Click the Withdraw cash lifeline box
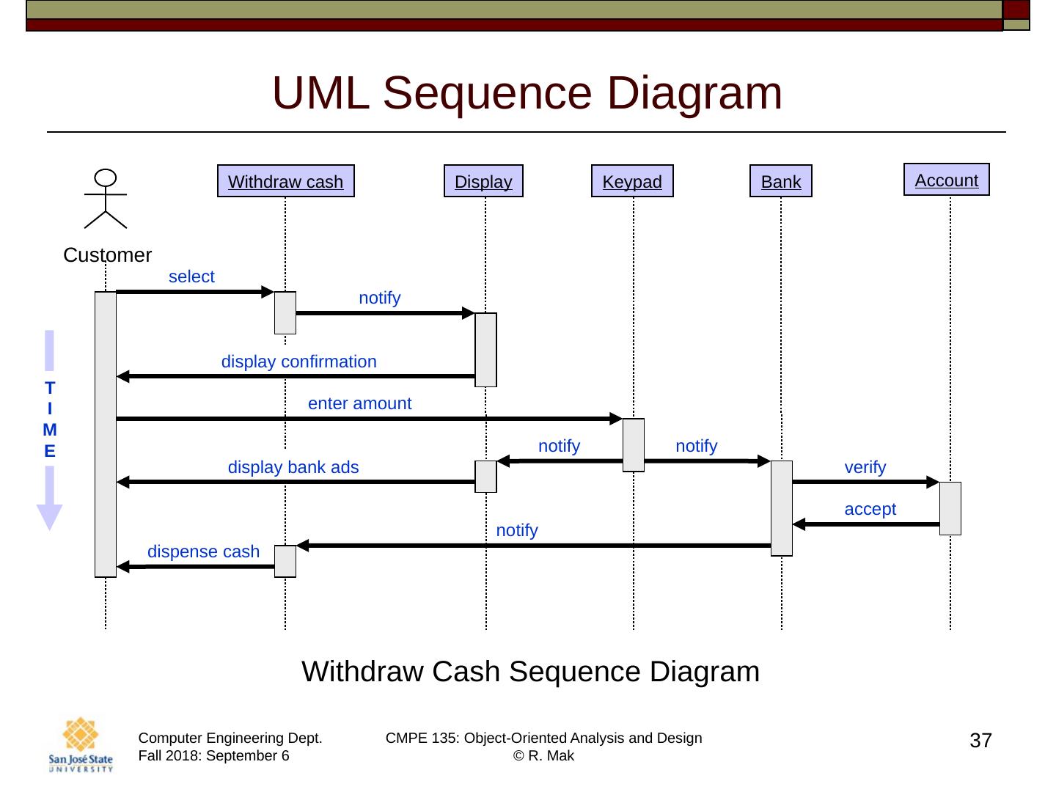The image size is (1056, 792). pyautogui.click(x=285, y=181)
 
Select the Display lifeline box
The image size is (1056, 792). pyautogui.click(x=483, y=181)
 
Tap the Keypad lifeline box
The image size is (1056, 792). pyautogui.click(x=632, y=181)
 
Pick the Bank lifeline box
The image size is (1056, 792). pyautogui.click(x=781, y=181)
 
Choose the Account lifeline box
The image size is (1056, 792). pyautogui.click(x=946, y=180)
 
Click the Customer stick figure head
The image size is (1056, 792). pyautogui.click(x=106, y=177)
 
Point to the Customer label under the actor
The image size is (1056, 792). pyautogui.click(x=107, y=255)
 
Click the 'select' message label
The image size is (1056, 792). pyautogui.click(x=191, y=276)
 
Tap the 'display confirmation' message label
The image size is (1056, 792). pyautogui.click(x=298, y=362)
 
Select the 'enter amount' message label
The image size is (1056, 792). pyautogui.click(x=359, y=403)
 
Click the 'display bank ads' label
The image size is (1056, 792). pyautogui.click(x=293, y=467)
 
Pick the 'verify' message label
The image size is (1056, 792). pyautogui.click(x=865, y=467)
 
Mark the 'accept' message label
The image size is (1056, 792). pyautogui.click(x=870, y=509)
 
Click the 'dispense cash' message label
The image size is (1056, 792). pyautogui.click(x=203, y=551)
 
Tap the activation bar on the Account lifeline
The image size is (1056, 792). pyautogui.click(x=950, y=508)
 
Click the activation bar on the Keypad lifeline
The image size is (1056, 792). pyautogui.click(x=634, y=444)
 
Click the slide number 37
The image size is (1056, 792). pyautogui.click(x=980, y=741)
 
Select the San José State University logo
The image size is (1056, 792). pyautogui.click(x=81, y=744)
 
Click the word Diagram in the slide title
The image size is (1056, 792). pyautogui.click(x=694, y=93)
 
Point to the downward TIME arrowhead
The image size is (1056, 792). pyautogui.click(x=49, y=516)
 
